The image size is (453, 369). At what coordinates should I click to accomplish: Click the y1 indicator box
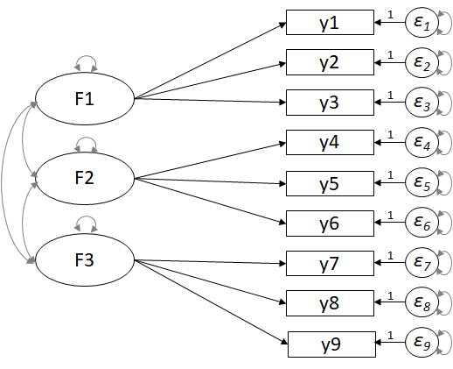coord(330,23)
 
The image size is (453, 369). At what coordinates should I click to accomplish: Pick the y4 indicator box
coord(330,143)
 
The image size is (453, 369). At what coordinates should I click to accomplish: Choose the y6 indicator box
coord(330,224)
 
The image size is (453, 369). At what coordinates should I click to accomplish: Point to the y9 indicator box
coord(331,344)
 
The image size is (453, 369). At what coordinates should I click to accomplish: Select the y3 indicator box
coord(330,103)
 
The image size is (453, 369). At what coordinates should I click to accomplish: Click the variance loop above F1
coord(86,56)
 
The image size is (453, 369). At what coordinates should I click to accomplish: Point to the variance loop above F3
coord(86,216)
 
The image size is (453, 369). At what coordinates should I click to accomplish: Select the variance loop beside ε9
coord(451,343)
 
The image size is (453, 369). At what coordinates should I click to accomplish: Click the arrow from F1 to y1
coord(210,60)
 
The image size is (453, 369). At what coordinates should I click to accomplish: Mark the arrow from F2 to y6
coord(210,201)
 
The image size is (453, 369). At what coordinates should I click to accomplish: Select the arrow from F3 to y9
coord(211,302)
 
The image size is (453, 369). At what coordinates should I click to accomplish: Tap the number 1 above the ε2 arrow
coord(390,55)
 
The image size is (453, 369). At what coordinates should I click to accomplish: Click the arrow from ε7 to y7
coord(390,263)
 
